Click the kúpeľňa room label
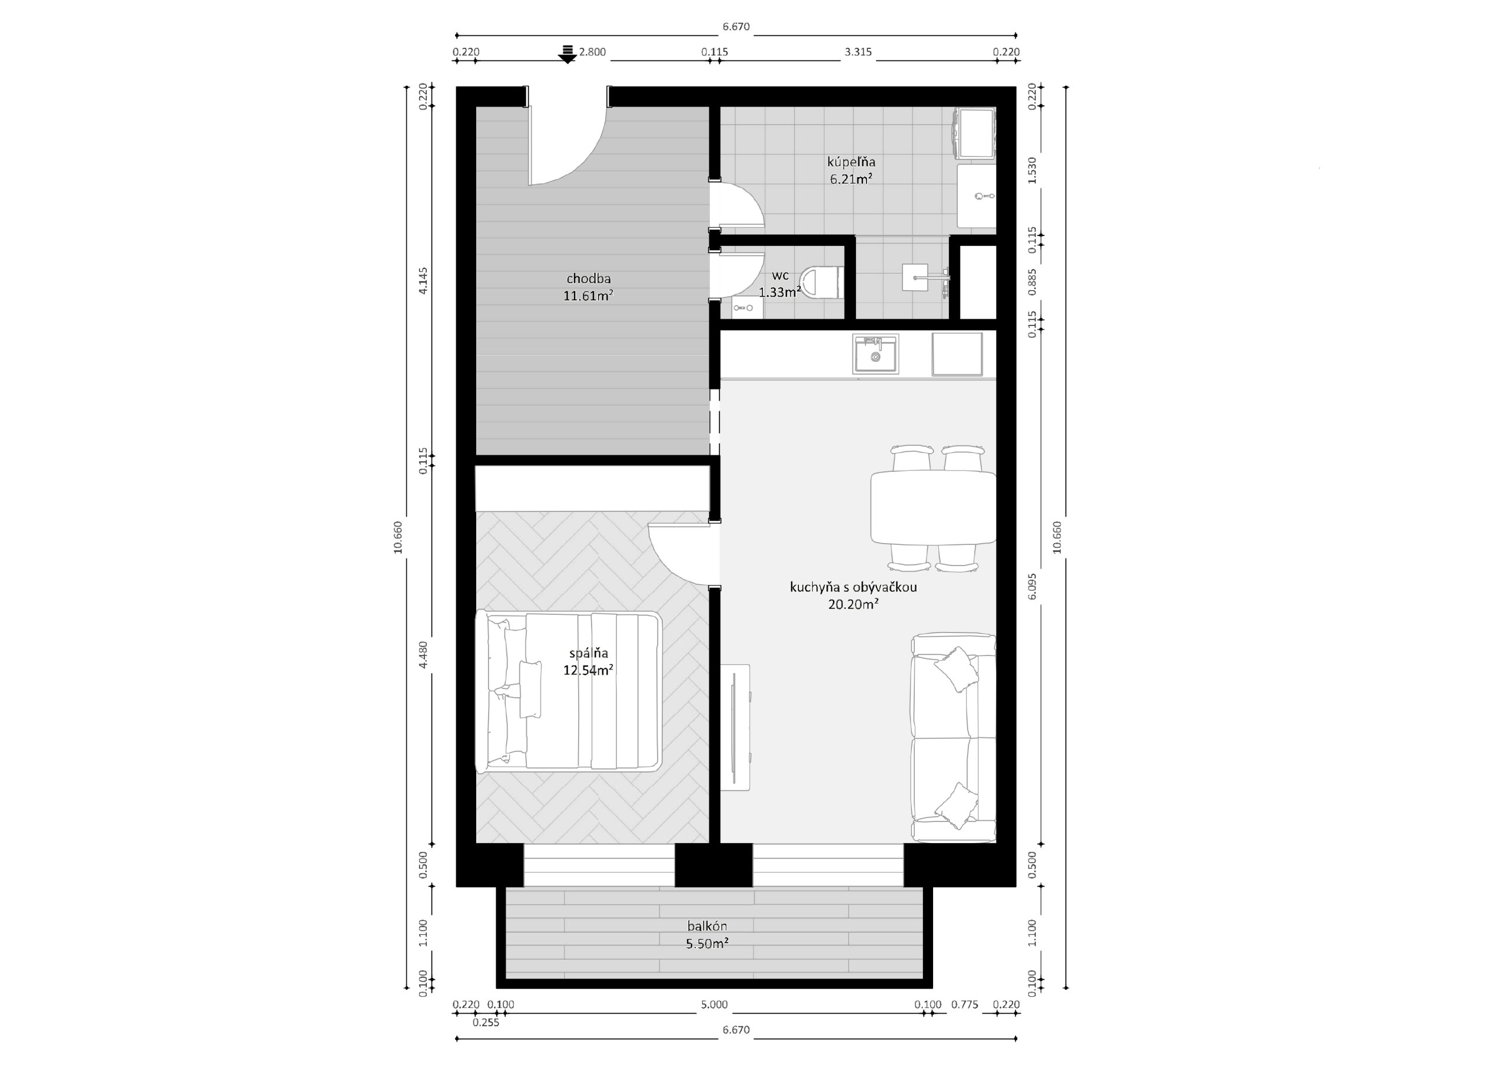point(851,161)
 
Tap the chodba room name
point(589,278)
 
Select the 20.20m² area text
point(853,604)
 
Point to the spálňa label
point(589,653)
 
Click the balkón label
point(708,926)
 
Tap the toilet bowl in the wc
point(823,283)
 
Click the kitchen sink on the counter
point(875,354)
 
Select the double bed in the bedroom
point(567,691)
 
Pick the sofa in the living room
point(953,738)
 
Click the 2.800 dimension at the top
point(592,52)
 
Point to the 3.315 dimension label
point(858,52)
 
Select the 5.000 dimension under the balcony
point(714,1004)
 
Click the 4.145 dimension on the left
point(423,280)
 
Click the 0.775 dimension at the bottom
point(965,1004)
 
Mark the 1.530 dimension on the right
point(1032,170)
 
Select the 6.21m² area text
point(851,178)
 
